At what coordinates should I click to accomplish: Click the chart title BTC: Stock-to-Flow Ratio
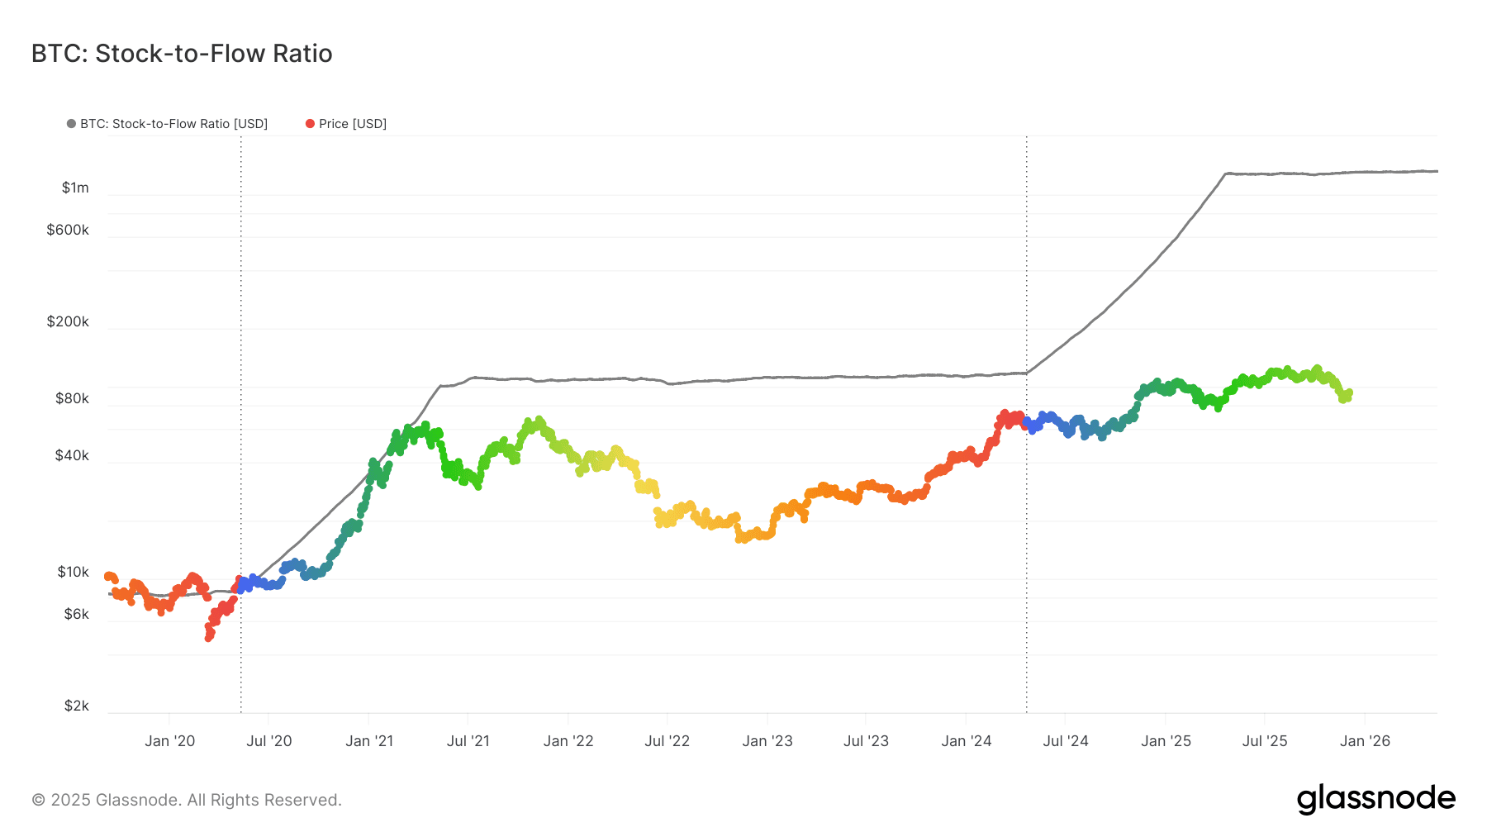point(182,54)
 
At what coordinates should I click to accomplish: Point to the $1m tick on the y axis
point(75,188)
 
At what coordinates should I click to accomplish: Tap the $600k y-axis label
point(68,230)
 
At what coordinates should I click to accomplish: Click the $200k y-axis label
point(68,321)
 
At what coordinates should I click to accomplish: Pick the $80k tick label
point(72,398)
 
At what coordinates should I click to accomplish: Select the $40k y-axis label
point(72,455)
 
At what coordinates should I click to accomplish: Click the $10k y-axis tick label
point(73,572)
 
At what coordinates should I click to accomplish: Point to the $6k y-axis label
point(76,614)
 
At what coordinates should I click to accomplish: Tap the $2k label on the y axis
point(76,706)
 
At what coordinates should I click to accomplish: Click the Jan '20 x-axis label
point(169,741)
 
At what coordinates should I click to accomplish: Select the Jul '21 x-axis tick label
point(468,741)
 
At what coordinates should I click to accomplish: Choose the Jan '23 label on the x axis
point(767,741)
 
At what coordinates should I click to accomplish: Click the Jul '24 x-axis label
point(1065,741)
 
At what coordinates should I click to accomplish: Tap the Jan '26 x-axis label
point(1365,741)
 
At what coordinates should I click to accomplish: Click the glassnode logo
point(1375,799)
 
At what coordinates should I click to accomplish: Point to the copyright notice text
point(187,800)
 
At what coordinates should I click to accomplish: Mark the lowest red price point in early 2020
point(209,637)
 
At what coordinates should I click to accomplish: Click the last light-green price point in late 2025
point(1348,393)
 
